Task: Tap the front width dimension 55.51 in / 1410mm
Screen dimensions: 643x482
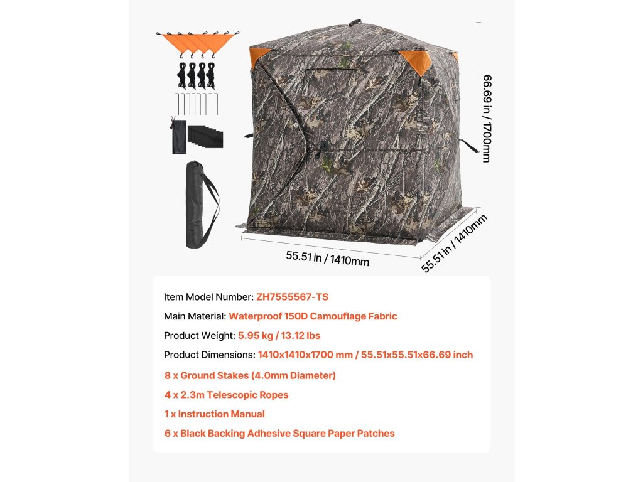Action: pos(327,258)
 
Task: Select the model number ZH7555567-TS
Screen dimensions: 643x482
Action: pos(292,297)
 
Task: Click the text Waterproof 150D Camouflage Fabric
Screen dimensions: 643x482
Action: pos(313,316)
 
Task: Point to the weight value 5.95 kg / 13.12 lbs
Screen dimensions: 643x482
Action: pos(279,335)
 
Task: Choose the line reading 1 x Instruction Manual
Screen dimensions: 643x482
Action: pos(214,414)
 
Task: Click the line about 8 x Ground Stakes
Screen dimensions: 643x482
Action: pos(250,375)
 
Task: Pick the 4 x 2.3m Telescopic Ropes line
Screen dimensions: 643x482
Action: pos(226,395)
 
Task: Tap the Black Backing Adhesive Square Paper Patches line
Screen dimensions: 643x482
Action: pos(279,433)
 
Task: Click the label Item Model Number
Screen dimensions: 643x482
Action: pos(208,297)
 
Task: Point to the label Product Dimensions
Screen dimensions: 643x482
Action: pos(209,355)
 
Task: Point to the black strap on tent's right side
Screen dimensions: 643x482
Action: pos(469,146)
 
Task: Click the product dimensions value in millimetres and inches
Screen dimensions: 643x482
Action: pos(365,355)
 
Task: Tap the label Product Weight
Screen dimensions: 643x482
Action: pos(199,335)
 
